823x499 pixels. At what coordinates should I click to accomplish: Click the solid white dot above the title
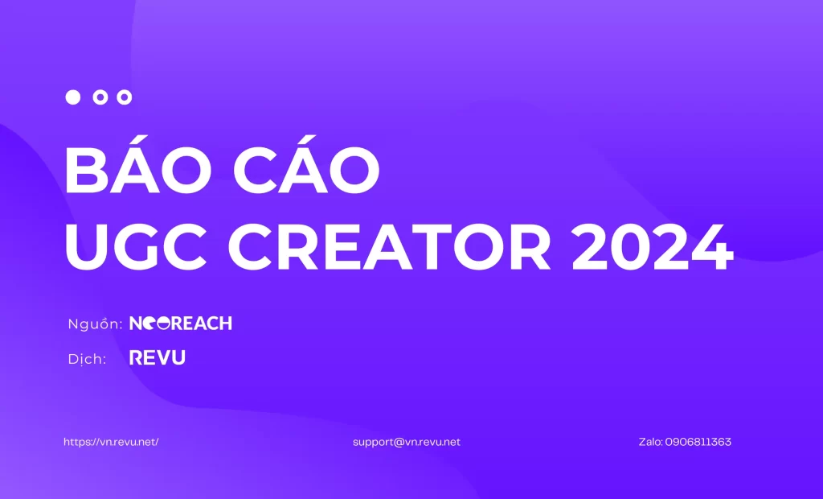(x=73, y=97)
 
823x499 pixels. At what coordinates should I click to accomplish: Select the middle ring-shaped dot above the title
(x=100, y=97)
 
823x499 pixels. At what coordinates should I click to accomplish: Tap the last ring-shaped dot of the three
(x=124, y=97)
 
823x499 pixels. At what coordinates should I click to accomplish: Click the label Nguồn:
(x=95, y=324)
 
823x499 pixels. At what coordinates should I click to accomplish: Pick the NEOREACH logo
(x=181, y=324)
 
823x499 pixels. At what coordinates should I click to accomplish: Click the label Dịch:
(x=87, y=360)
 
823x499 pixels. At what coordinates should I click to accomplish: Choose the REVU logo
(x=158, y=358)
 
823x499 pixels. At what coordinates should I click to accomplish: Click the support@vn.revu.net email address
(x=406, y=442)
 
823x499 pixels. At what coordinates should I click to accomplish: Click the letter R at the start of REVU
(x=136, y=358)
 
